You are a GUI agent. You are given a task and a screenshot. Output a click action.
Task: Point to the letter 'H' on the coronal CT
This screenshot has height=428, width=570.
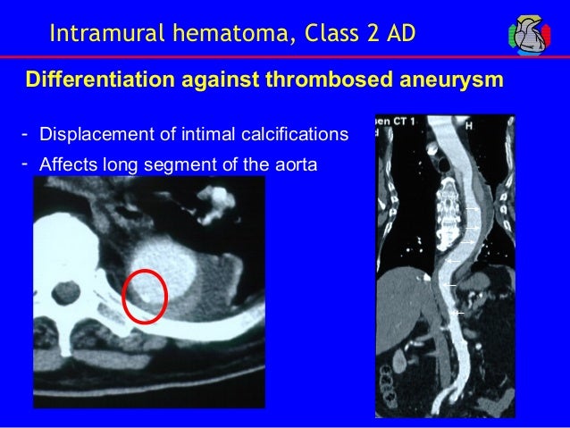pos(492,123)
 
